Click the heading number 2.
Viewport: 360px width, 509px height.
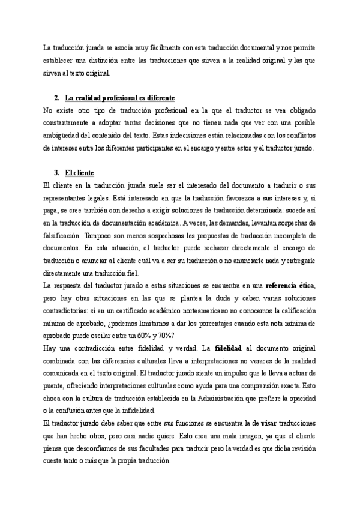tap(56, 98)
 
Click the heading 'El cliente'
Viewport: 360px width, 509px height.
tap(82, 173)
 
